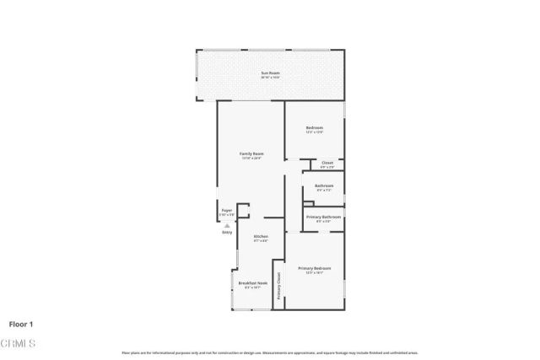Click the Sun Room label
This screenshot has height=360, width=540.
point(270,73)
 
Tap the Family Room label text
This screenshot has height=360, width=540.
point(251,153)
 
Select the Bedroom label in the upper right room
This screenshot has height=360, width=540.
point(314,127)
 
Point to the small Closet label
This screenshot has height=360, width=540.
point(327,162)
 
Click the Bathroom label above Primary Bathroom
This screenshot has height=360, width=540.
point(324,185)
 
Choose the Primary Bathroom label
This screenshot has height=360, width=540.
point(323,217)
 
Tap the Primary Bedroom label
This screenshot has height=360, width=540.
point(314,268)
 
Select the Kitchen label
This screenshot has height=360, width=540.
point(262,236)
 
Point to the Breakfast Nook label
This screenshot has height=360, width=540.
point(252,282)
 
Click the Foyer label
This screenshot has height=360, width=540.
point(227,211)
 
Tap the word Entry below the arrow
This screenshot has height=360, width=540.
point(227,232)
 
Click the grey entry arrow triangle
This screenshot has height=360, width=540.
point(227,225)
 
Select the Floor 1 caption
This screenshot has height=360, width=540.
point(21,323)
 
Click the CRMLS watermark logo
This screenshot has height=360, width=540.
point(18,342)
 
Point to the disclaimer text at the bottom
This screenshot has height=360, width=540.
point(270,352)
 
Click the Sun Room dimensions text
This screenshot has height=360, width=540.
point(270,78)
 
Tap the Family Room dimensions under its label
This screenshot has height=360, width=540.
point(251,159)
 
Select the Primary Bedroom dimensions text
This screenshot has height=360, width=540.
point(314,273)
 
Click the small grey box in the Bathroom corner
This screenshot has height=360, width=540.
point(308,202)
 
